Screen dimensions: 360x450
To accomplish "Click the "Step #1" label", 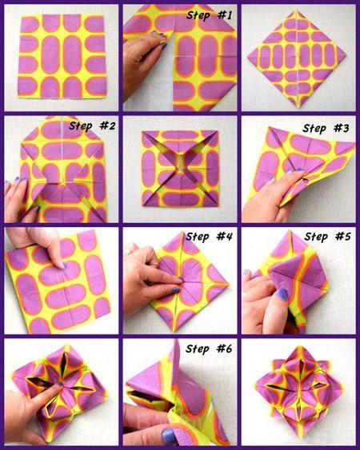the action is [x=209, y=15].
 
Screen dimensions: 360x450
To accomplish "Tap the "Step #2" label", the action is [x=92, y=125].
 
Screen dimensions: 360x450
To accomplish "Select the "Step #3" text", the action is [x=326, y=128].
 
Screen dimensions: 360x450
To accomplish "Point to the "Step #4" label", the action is [x=209, y=237].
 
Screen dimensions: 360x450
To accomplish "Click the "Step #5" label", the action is [x=327, y=237].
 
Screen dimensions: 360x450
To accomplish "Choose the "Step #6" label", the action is [x=209, y=348].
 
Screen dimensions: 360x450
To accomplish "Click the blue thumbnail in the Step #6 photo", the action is [x=169, y=436].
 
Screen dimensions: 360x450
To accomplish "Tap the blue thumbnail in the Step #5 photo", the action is [x=282, y=294].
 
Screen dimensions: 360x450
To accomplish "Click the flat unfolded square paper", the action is [x=62, y=56].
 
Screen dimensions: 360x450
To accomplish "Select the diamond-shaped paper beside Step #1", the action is [x=297, y=59].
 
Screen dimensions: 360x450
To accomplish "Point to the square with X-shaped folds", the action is [x=180, y=169].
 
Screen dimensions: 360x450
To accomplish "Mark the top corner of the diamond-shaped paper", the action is [x=296, y=10].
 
